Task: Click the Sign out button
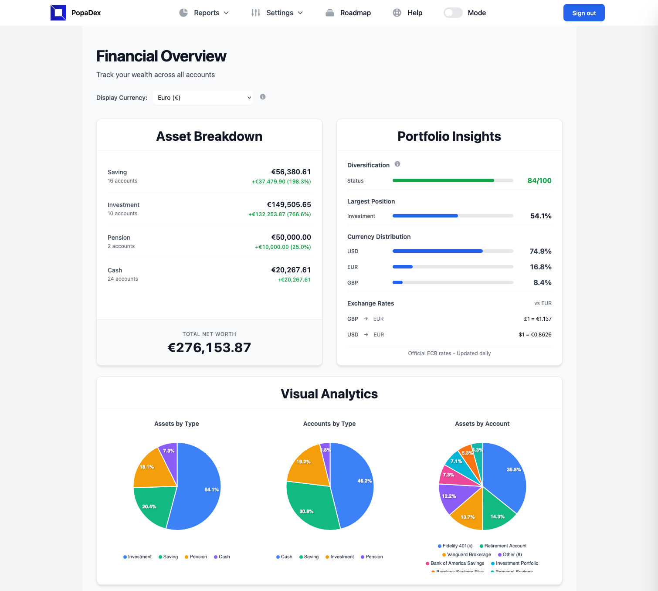(584, 13)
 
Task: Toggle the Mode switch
(453, 13)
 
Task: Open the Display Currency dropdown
(203, 98)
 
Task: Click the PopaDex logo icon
(58, 13)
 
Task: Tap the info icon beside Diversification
(397, 164)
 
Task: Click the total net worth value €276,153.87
(209, 347)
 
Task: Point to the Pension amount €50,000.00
(291, 237)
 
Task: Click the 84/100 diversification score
(539, 180)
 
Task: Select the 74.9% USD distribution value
(540, 251)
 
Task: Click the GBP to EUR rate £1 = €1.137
(537, 319)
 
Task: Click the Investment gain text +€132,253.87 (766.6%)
(280, 214)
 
